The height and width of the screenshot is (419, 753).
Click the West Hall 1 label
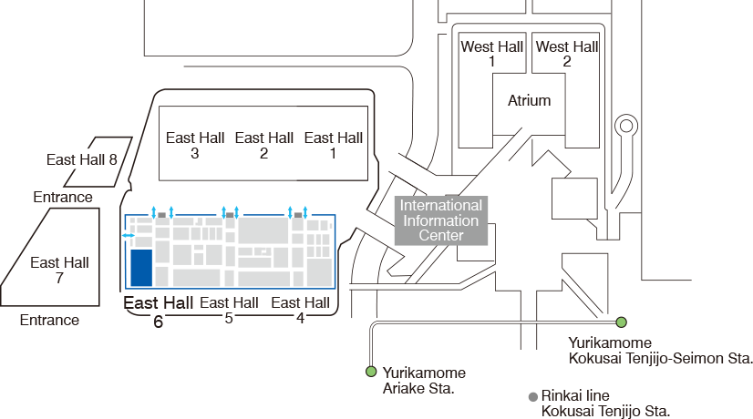(491, 54)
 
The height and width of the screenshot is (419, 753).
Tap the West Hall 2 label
(566, 54)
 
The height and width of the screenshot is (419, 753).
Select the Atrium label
(529, 101)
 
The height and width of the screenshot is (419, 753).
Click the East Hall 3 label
(195, 145)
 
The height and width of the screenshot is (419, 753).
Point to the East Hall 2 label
(264, 145)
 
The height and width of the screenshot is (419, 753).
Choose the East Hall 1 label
(333, 145)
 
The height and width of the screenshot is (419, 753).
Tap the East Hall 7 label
(59, 270)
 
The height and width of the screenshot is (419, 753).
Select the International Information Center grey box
(440, 220)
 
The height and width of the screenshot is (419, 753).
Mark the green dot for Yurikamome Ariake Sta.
(371, 372)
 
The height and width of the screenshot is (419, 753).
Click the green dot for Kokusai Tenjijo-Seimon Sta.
(621, 322)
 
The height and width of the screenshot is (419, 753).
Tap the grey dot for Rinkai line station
(532, 397)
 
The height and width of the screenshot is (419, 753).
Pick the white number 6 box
(159, 321)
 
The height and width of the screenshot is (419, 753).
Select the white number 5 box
(229, 317)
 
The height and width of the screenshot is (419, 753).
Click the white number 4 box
(300, 317)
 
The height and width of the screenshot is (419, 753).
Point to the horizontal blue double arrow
(129, 236)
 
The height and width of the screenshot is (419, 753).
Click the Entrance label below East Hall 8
(63, 197)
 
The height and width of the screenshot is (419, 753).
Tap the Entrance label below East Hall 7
(49, 320)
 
